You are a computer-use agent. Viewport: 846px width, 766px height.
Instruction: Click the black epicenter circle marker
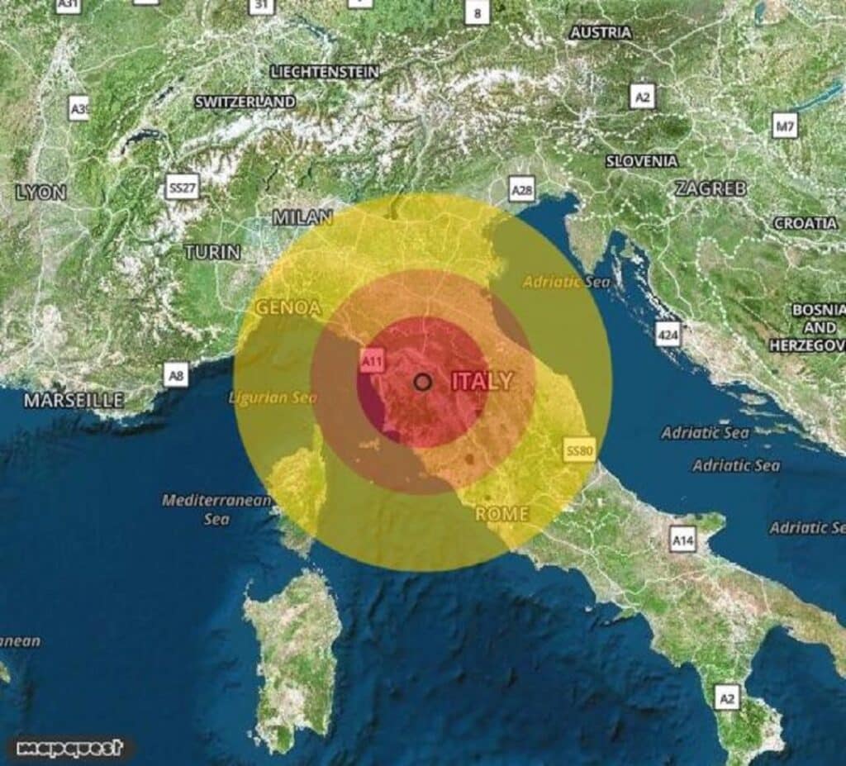click(x=423, y=382)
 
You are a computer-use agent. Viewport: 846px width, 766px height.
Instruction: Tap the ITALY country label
click(x=482, y=382)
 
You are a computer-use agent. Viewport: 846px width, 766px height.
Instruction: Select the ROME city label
click(x=501, y=514)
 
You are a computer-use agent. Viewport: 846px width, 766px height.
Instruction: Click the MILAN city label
click(x=302, y=218)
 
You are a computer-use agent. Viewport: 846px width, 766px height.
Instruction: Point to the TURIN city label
click(x=212, y=252)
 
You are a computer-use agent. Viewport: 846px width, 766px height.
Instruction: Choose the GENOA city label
click(x=288, y=307)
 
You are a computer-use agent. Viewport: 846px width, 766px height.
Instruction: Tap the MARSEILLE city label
click(x=74, y=401)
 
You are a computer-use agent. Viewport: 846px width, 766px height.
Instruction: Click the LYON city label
click(x=40, y=193)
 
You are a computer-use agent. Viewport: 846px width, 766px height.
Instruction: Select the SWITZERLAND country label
click(x=245, y=102)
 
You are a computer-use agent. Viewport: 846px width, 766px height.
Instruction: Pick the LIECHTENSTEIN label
click(x=325, y=72)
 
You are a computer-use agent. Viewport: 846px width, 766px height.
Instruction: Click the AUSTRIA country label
click(x=601, y=33)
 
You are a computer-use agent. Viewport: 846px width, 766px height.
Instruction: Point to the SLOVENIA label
click(x=642, y=161)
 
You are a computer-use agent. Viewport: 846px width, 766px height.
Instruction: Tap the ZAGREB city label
click(x=711, y=188)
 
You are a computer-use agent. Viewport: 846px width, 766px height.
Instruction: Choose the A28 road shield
click(x=521, y=191)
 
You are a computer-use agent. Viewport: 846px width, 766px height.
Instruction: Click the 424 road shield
click(x=668, y=334)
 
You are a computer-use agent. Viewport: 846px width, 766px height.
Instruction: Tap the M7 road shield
click(x=785, y=126)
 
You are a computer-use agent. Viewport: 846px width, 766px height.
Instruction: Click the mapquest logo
click(x=70, y=748)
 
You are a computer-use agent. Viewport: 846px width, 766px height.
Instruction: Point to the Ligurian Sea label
click(x=273, y=398)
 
